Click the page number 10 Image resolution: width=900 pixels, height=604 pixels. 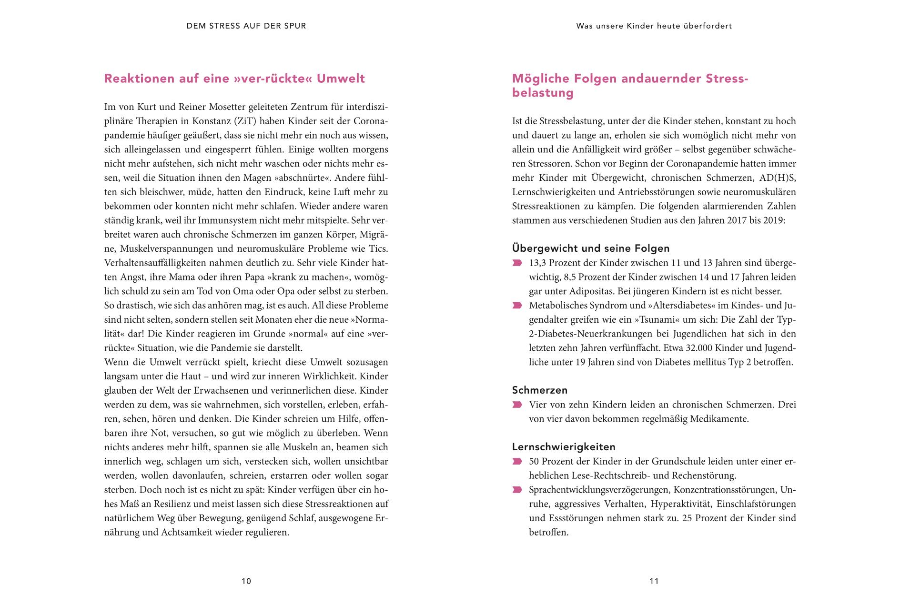(x=246, y=581)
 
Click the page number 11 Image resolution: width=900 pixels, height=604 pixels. (x=654, y=581)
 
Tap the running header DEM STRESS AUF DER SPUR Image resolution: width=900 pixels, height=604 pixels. (x=246, y=26)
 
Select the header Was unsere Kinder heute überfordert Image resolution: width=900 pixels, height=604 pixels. (x=654, y=26)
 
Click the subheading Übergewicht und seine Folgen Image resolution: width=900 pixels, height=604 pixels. (x=591, y=248)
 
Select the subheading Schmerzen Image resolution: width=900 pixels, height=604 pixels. (x=540, y=390)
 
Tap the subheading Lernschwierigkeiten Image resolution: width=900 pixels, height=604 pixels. (x=564, y=447)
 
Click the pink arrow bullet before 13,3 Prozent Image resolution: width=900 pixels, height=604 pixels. (x=517, y=263)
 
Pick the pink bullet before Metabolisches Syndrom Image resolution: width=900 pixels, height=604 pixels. (x=517, y=306)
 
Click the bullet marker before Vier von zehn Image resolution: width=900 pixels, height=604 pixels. (x=517, y=405)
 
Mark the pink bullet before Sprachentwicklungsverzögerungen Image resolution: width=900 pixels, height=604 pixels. (x=517, y=490)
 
